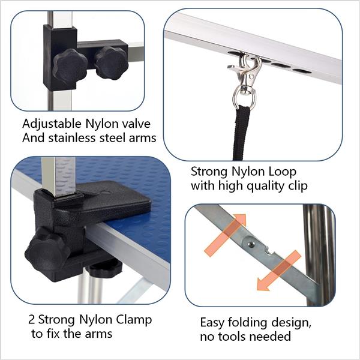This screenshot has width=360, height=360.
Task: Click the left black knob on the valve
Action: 70,67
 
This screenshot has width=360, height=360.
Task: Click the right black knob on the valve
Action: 112,62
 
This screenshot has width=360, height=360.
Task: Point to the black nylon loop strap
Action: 242,132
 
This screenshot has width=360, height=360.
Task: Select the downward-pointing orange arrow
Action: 278,270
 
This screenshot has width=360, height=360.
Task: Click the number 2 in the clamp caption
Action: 31,319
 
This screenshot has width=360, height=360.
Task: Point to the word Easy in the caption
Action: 214,322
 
